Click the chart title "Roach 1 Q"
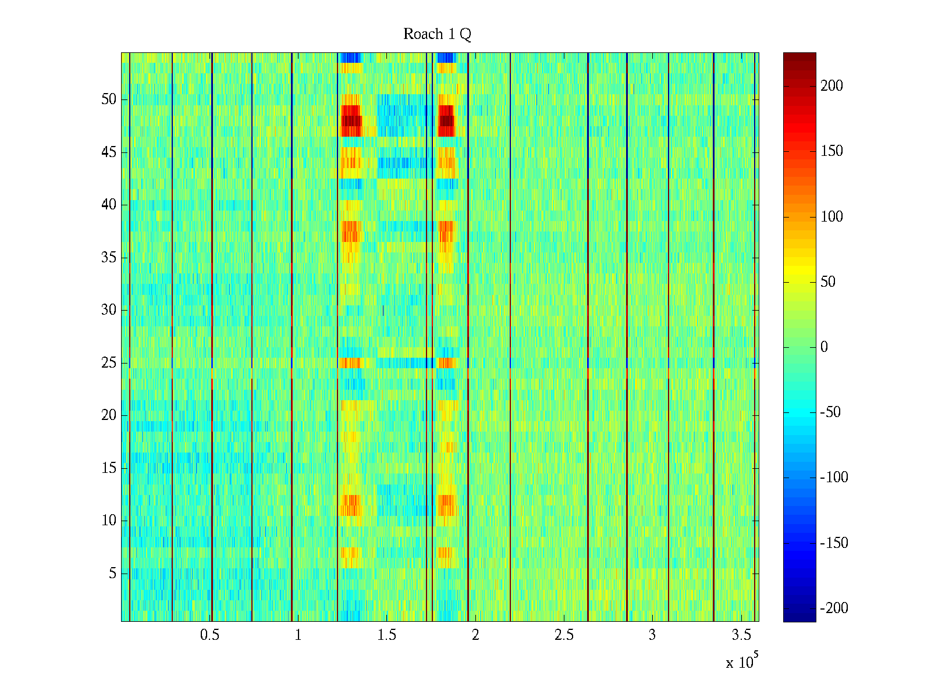click(437, 34)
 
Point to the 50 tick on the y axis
click(109, 99)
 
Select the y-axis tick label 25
click(109, 363)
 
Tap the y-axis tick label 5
click(112, 574)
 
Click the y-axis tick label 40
click(109, 205)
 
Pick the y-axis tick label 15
click(109, 468)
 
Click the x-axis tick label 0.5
click(209, 635)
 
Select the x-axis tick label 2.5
click(564, 635)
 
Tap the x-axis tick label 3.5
click(741, 635)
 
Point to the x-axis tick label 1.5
click(387, 635)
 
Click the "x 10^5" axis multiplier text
click(742, 662)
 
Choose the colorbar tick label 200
click(831, 86)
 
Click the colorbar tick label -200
click(834, 608)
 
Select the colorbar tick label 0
click(824, 347)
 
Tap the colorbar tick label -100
click(834, 478)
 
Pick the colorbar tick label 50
click(828, 282)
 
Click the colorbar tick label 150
click(831, 151)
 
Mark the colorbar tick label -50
click(830, 412)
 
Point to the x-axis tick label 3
click(652, 635)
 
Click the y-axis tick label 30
click(109, 310)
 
